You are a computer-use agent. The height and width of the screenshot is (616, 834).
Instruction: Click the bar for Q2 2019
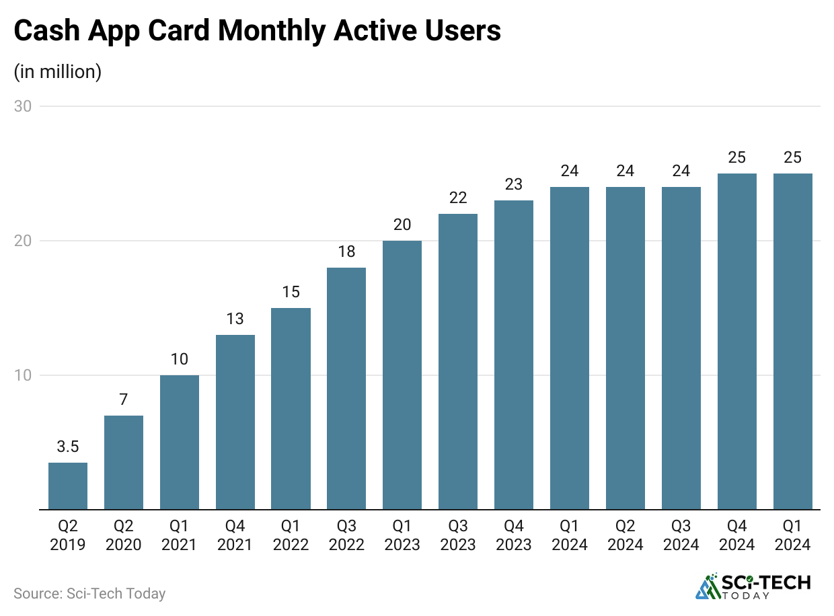click(x=68, y=486)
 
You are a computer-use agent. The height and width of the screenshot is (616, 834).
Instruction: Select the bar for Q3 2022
click(x=346, y=389)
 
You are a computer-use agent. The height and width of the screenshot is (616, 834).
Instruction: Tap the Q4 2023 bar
click(x=514, y=355)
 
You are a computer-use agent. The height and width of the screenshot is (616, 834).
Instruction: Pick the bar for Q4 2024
click(x=737, y=342)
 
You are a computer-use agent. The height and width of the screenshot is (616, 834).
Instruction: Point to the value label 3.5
click(x=68, y=447)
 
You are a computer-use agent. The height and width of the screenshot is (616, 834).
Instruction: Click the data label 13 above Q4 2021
click(x=235, y=319)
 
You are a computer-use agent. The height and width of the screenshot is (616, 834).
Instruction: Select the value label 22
click(x=458, y=198)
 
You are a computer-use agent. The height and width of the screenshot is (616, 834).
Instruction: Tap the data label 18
click(x=346, y=252)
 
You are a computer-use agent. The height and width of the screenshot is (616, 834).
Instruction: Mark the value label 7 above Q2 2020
click(x=124, y=399)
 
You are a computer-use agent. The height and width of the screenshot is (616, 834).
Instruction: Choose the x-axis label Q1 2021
click(x=180, y=535)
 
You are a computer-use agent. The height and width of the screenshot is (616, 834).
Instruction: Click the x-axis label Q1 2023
click(x=402, y=535)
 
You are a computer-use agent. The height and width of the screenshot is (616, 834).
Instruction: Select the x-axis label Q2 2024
click(x=625, y=535)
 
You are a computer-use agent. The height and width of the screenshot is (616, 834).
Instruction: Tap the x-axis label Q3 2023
click(x=458, y=535)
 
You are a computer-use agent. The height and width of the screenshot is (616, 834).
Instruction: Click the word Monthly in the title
click(x=261, y=32)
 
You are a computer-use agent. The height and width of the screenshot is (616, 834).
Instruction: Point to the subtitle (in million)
click(x=58, y=71)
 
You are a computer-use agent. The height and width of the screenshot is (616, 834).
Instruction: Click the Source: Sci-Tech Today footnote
click(x=89, y=593)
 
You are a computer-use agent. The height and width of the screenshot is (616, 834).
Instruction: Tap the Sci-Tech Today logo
click(x=753, y=586)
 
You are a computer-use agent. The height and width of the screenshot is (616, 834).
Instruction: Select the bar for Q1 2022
click(x=291, y=409)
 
